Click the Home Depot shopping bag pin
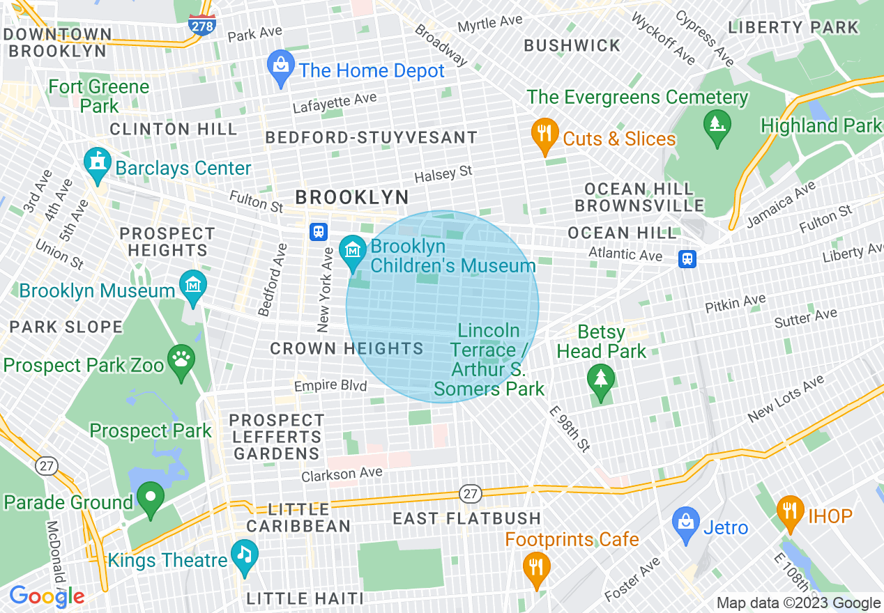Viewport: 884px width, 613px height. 280,68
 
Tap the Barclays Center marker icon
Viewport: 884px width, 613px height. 96,164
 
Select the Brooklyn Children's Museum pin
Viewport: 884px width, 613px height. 353,251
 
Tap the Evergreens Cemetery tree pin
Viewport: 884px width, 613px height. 716,127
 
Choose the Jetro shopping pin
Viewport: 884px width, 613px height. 686,523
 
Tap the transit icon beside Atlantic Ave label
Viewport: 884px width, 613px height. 687,259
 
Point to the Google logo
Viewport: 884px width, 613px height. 47,596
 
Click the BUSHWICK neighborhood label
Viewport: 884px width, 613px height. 572,46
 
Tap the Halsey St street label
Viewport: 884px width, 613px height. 443,174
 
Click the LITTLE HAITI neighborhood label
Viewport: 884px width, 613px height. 305,598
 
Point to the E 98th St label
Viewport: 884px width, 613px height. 570,429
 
